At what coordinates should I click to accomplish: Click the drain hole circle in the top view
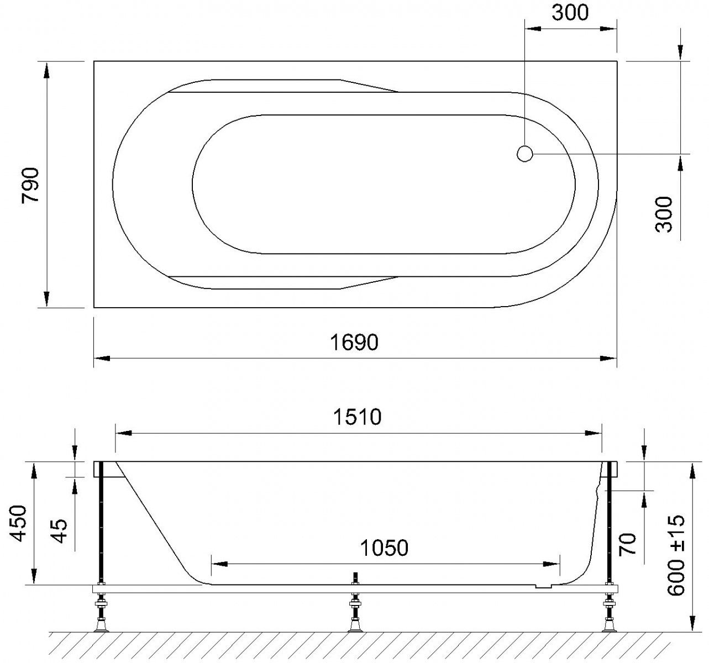pos(525,154)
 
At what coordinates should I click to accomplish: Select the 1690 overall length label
pos(354,343)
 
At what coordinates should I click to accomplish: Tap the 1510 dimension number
pos(357,417)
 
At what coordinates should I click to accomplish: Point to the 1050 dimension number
pos(384,548)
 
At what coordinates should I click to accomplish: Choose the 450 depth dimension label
pos(18,524)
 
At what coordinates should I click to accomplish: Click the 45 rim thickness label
pos(59,530)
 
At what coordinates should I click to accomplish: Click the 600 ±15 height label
pos(676,555)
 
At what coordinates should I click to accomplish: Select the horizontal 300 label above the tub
pos(570,13)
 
